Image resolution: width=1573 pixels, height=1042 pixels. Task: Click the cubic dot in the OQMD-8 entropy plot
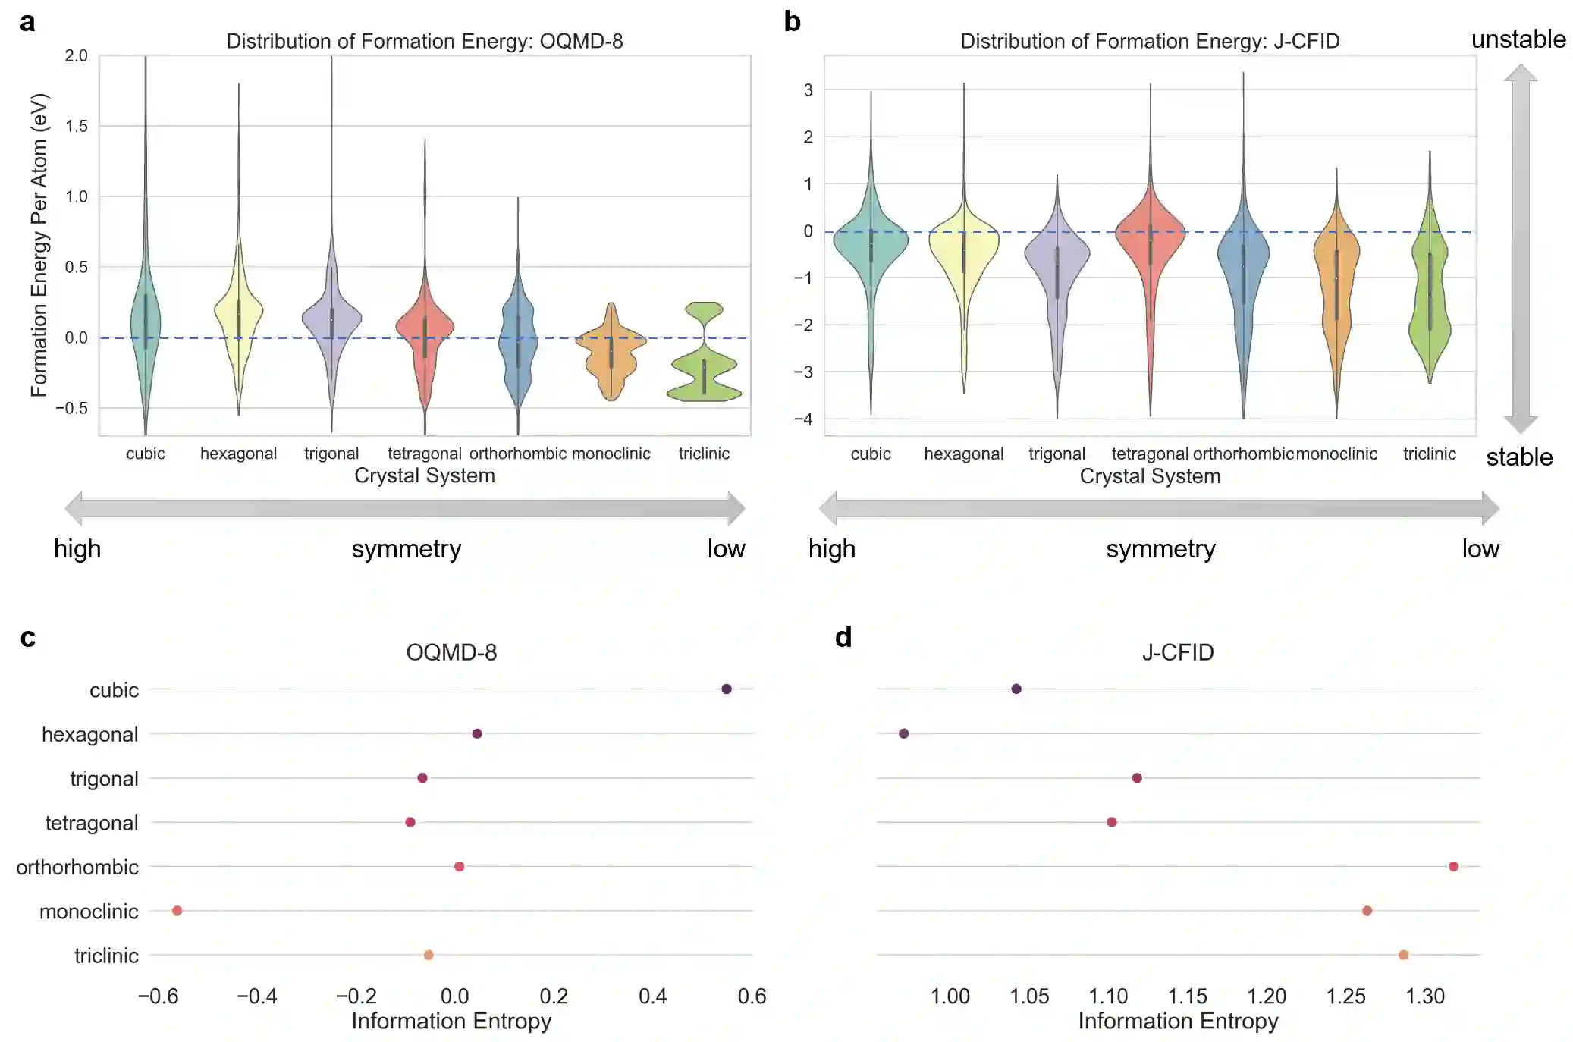726,689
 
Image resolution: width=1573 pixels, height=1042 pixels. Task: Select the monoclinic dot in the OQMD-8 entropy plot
177,910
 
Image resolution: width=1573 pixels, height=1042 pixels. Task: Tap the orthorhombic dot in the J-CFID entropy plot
1452,866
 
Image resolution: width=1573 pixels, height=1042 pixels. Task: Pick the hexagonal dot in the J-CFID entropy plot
903,733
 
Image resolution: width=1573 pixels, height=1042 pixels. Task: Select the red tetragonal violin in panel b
1150,243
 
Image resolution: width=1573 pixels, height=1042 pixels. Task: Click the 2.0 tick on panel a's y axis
76,55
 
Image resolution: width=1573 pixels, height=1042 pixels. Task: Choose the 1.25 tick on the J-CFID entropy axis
1345,996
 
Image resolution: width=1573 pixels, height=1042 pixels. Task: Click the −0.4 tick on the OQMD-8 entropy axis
257,996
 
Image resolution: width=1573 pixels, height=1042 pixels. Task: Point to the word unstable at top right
1518,39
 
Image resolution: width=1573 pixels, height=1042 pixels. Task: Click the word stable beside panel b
1518,457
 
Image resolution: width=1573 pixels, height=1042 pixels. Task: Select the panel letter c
28,637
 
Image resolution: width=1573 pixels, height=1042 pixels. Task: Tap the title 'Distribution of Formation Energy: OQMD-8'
424,41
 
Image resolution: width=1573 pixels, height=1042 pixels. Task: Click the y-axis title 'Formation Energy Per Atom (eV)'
39,244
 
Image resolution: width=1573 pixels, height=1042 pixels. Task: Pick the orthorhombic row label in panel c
77,867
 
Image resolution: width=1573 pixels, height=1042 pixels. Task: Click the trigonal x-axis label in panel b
1057,454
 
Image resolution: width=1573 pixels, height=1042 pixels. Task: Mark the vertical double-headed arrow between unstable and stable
1520,249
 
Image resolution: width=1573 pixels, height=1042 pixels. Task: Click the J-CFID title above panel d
1177,652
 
